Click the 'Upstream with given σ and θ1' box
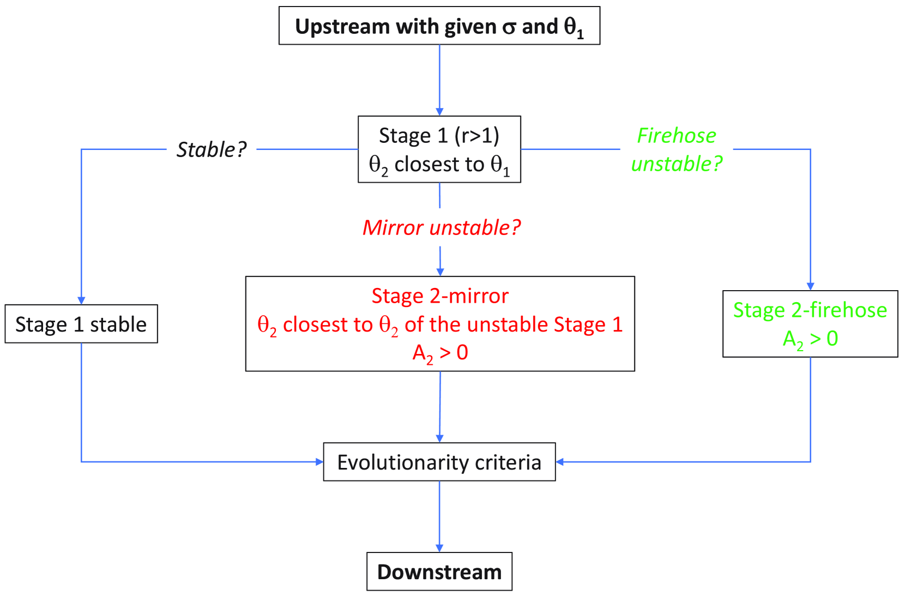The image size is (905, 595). click(439, 26)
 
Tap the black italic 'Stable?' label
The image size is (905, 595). click(212, 149)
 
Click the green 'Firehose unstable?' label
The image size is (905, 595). click(676, 149)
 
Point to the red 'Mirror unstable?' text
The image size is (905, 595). click(441, 227)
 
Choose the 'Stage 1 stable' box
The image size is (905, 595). click(81, 324)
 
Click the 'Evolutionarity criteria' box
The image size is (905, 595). click(439, 462)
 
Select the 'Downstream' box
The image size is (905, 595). click(439, 572)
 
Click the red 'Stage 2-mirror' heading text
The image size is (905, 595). click(440, 296)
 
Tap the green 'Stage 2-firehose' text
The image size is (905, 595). click(810, 310)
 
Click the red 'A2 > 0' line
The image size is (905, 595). click(440, 353)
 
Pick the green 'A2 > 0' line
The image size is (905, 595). click(810, 339)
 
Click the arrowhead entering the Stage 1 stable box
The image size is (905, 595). click(81, 300)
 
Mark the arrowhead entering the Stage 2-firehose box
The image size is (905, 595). click(810, 286)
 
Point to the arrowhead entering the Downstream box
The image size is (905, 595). click(439, 548)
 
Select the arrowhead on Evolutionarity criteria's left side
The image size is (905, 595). click(319, 462)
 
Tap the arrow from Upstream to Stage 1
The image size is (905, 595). click(439, 80)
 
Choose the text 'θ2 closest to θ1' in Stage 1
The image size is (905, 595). click(439, 164)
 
